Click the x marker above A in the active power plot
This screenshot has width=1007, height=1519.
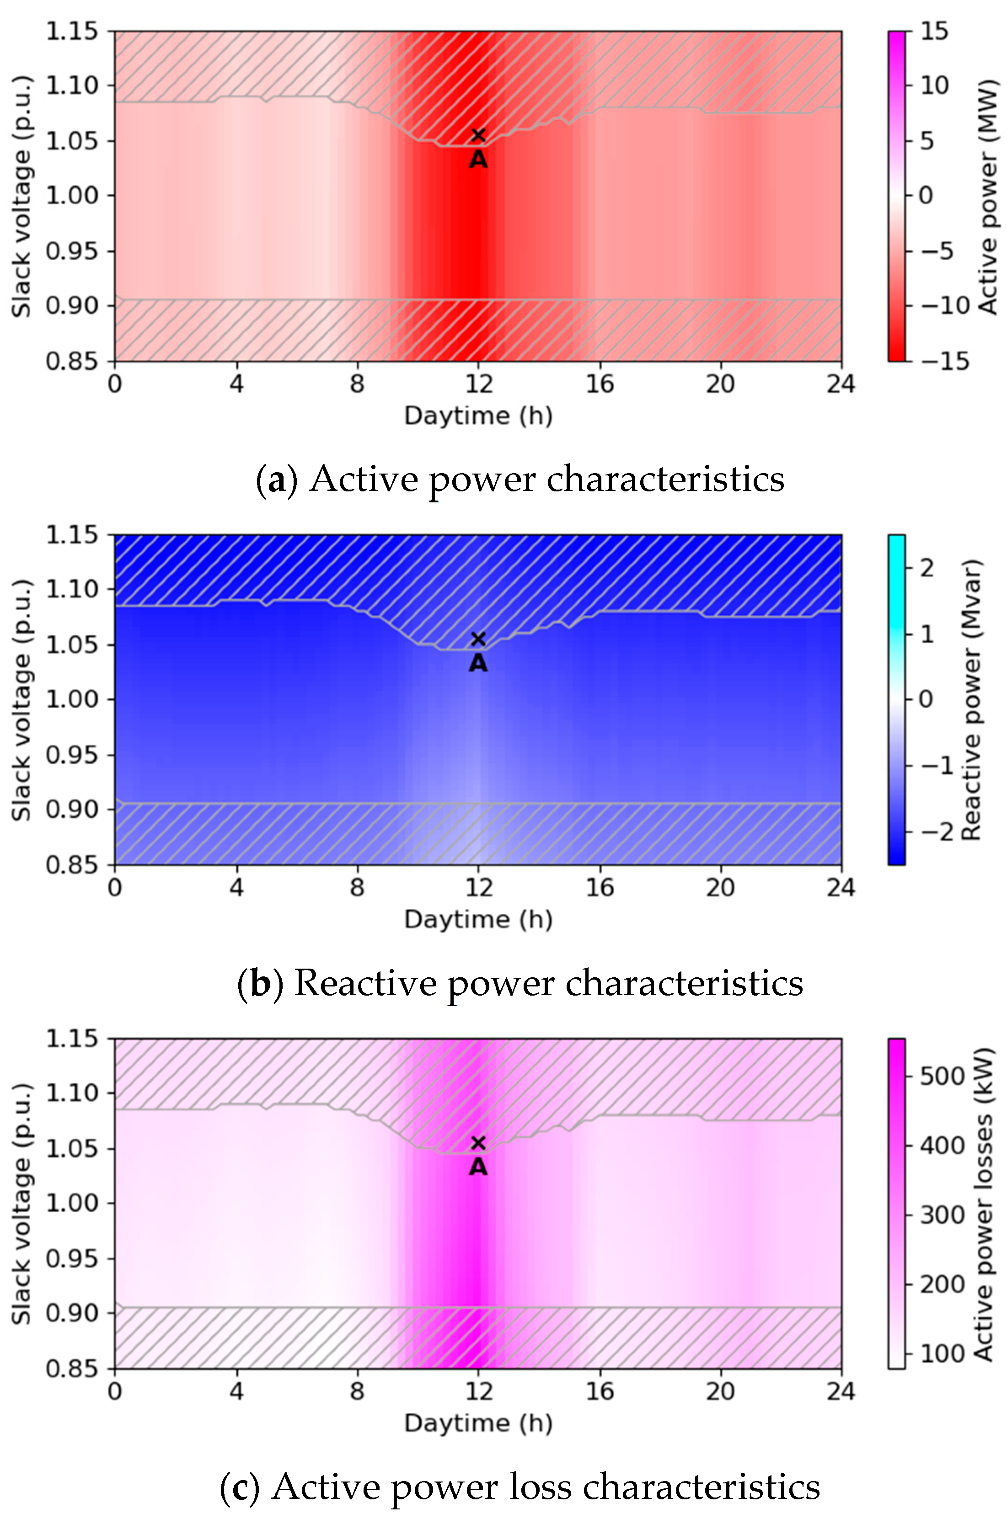coord(477,135)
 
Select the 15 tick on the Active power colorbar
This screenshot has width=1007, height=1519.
coord(934,31)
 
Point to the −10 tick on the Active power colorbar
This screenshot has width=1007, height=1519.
coord(944,306)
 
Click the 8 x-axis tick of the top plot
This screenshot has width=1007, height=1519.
coord(357,384)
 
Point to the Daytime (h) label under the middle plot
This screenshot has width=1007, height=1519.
coord(478,919)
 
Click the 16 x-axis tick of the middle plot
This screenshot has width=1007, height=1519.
coord(599,887)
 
